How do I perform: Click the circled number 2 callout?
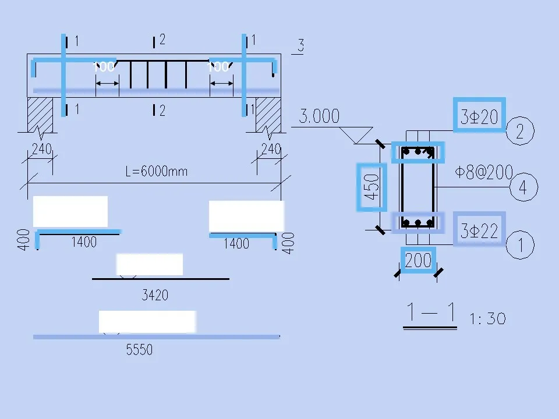(x=521, y=132)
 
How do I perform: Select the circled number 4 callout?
(x=523, y=188)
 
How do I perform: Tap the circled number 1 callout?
(x=521, y=244)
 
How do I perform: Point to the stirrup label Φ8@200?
(x=484, y=172)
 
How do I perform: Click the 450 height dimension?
(x=372, y=187)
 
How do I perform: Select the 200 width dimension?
(x=418, y=260)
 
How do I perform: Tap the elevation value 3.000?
(x=319, y=116)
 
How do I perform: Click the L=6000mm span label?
(x=156, y=172)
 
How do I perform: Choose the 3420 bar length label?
(x=155, y=295)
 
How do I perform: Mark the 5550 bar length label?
(x=139, y=350)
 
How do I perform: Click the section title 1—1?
(x=431, y=314)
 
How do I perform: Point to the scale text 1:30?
(x=487, y=319)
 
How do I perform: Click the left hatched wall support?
(x=41, y=114)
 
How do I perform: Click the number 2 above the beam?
(x=162, y=40)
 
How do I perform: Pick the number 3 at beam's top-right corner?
(x=300, y=45)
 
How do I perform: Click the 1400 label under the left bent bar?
(x=84, y=242)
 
